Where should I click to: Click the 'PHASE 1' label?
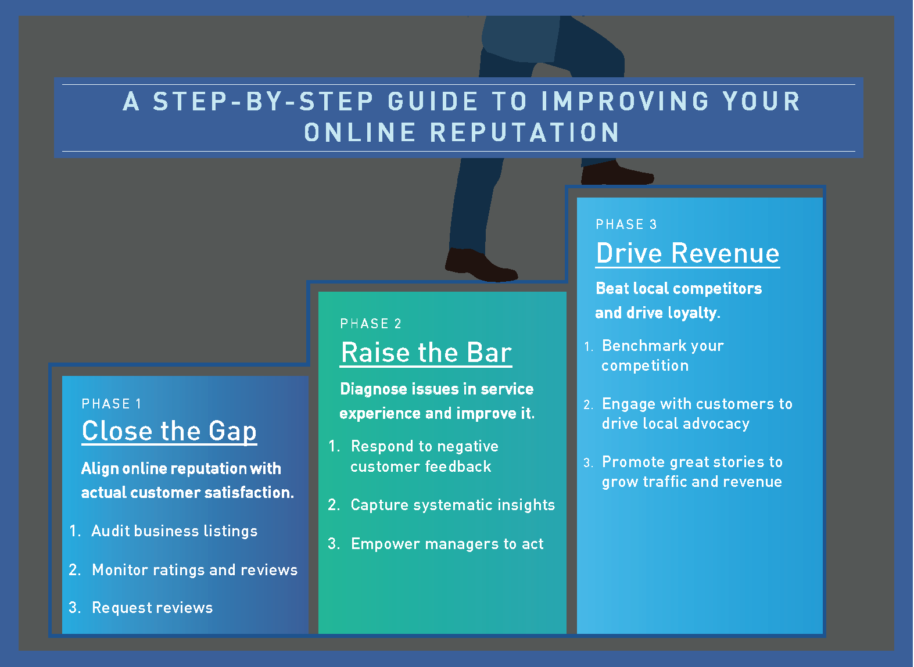pyautogui.click(x=112, y=403)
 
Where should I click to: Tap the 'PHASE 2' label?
pyautogui.click(x=371, y=324)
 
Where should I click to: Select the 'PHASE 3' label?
pyautogui.click(x=626, y=224)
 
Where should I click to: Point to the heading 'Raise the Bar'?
pyautogui.click(x=426, y=353)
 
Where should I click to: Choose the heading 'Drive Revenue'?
pyautogui.click(x=687, y=253)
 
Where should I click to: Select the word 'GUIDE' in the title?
pyautogui.click(x=433, y=102)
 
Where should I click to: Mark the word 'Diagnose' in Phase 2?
pyautogui.click(x=374, y=390)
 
